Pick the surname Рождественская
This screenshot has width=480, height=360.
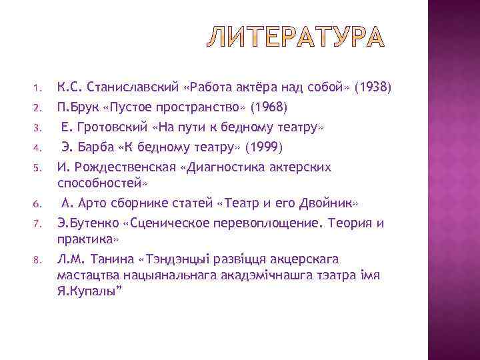coord(123,167)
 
